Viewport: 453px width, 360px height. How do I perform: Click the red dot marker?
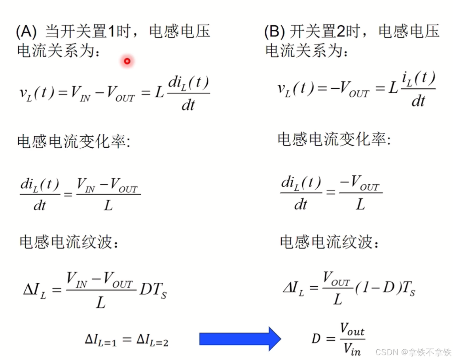coord(127,61)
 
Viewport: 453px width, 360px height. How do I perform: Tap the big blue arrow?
coord(240,339)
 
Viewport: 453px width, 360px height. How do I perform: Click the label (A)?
coord(26,32)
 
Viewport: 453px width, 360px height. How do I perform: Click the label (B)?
coord(274,32)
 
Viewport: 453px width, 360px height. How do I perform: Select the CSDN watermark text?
coord(413,352)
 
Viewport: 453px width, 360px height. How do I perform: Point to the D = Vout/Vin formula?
coord(338,339)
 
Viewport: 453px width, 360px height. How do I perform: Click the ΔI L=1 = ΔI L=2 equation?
coord(127,340)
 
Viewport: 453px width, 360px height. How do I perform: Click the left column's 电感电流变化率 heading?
coord(74,141)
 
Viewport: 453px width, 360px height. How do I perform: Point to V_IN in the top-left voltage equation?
coord(79,93)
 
